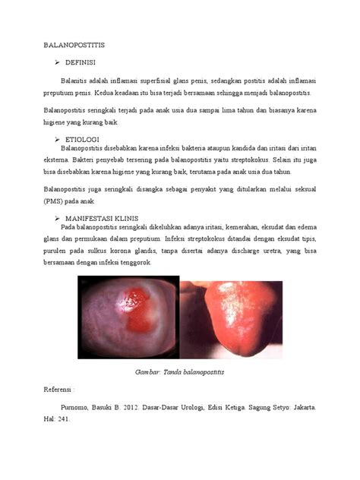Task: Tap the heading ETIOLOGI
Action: point(84,140)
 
